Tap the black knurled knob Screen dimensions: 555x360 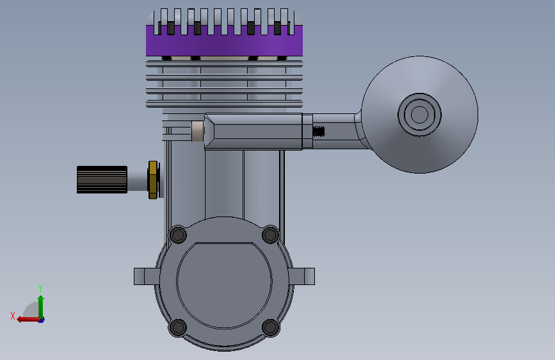[x=102, y=179]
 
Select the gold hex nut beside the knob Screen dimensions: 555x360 [x=153, y=180]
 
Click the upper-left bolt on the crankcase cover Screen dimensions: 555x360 [x=178, y=234]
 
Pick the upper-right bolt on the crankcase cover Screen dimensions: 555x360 [x=270, y=234]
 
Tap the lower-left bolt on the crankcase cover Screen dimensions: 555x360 [x=178, y=327]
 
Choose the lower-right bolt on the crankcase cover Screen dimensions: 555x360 [x=271, y=327]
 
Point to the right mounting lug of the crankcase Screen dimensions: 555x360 [x=302, y=276]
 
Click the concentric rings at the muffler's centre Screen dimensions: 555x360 [x=419, y=115]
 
